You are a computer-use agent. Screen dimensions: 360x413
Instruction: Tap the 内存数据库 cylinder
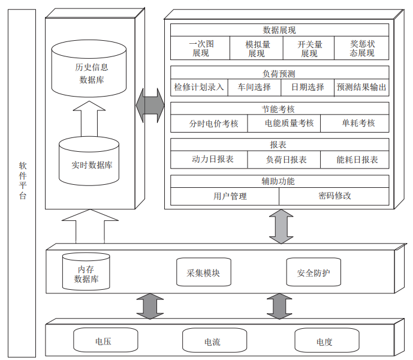(x=86, y=272)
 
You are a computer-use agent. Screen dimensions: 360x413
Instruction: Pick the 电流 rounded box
(x=212, y=341)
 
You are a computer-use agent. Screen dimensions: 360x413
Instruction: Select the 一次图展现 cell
(x=200, y=49)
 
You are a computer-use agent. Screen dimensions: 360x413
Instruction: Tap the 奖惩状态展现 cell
(x=362, y=49)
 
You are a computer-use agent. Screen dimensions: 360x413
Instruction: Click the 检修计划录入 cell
(x=199, y=87)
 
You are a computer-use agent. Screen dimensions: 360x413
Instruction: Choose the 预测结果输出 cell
(x=361, y=87)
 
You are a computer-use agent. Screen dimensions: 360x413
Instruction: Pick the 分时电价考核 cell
(x=213, y=124)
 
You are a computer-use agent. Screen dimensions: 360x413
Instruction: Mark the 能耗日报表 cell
(x=357, y=160)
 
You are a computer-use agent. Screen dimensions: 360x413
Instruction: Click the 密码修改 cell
(x=334, y=196)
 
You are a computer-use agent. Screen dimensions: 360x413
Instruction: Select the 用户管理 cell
(x=230, y=196)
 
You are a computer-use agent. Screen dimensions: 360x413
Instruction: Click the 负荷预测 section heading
(x=279, y=74)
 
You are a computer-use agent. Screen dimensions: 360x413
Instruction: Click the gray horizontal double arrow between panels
(x=150, y=107)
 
